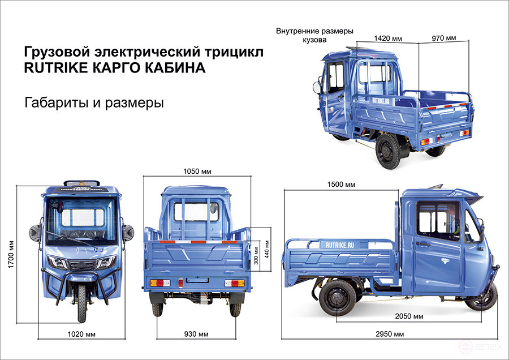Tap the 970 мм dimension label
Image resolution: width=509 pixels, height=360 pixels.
(x=443, y=38)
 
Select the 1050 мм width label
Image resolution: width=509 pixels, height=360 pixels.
(x=195, y=172)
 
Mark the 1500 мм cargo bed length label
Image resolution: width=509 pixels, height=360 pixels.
(x=341, y=185)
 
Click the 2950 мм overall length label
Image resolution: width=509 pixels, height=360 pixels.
(x=390, y=335)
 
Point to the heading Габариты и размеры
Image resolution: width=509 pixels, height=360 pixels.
(x=94, y=103)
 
